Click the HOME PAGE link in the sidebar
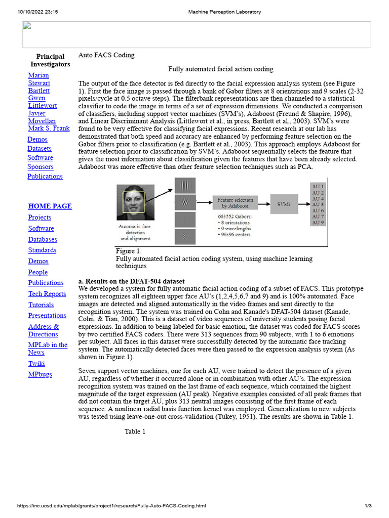point(50,206)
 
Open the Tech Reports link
point(47,294)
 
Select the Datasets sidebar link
point(39,148)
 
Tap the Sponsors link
point(40,166)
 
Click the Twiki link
point(36,363)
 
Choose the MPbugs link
point(40,374)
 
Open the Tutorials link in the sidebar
point(41,305)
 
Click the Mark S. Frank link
point(49,128)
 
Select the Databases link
point(43,239)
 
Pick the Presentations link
point(47,316)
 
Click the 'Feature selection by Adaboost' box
point(235,203)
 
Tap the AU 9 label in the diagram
point(318,223)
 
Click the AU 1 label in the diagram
point(318,186)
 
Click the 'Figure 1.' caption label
point(129,251)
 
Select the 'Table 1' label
point(135,431)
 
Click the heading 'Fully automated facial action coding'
point(220,69)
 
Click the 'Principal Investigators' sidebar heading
point(50,60)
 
